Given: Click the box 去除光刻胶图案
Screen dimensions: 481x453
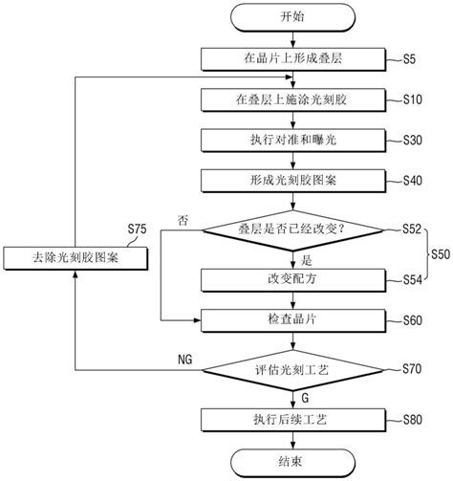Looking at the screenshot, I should click(75, 258).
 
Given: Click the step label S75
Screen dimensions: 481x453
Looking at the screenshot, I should click(139, 230).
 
